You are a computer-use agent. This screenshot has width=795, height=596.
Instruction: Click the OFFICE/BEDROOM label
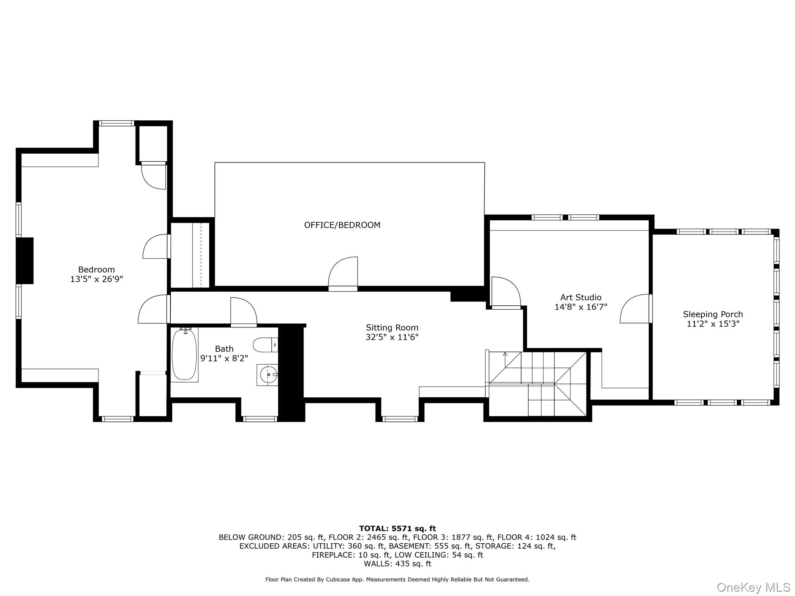point(342,225)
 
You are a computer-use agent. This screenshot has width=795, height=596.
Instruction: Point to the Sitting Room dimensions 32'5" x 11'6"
point(392,337)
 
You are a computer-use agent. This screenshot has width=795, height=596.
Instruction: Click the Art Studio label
point(581,297)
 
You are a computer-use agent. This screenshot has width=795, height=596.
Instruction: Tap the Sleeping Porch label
point(713,314)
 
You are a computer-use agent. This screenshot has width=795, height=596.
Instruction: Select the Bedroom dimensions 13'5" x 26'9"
point(96,279)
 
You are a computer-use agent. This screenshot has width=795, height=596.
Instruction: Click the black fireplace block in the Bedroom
point(25,261)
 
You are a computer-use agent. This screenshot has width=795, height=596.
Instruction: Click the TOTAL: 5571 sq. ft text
point(397,528)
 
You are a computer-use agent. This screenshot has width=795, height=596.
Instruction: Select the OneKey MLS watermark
point(753,587)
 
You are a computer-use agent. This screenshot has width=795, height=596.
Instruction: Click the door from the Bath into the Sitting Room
point(244,312)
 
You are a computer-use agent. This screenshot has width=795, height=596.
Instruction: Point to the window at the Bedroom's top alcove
point(116,123)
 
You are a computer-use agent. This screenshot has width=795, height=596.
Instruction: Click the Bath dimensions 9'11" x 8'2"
point(224,358)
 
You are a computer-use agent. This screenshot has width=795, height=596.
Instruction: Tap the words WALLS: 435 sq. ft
point(397,564)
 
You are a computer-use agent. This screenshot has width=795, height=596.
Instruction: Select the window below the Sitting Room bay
point(400,419)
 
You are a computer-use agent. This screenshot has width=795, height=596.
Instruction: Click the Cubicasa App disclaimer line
point(397,580)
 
